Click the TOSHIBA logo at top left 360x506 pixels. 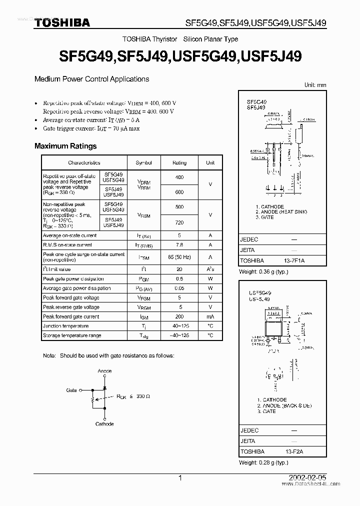62,22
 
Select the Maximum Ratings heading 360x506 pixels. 65,146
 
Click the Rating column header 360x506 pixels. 179,162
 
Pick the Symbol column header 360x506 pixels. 143,162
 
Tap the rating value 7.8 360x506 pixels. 179,245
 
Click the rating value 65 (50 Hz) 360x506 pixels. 179,257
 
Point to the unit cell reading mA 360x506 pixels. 210,317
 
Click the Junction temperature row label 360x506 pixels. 65,326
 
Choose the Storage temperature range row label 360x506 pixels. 72,335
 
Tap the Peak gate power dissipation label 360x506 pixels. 73,279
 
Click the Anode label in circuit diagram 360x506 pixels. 104,371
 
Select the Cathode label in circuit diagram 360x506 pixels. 104,424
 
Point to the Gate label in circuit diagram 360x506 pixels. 71,390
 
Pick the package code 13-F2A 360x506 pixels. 294,451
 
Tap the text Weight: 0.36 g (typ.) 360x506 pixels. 263,271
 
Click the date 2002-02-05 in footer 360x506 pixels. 309,478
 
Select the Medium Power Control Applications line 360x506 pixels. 91,79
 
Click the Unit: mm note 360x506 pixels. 315,85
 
